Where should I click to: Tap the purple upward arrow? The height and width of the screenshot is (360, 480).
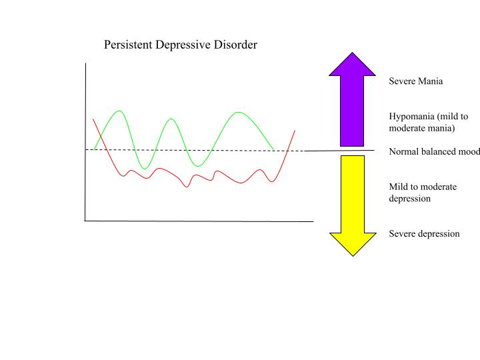(x=352, y=100)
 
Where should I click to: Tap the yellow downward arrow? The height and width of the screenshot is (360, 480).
(x=352, y=200)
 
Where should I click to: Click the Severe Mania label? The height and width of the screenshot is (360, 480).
(x=416, y=81)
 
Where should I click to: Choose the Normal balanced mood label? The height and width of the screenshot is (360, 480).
(x=434, y=151)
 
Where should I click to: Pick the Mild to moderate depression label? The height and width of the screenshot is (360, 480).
(x=423, y=192)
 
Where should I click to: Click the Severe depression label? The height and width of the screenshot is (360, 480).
(x=424, y=234)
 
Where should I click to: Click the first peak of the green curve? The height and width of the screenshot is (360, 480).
(x=120, y=111)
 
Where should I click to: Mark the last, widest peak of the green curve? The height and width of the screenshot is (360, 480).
(x=238, y=112)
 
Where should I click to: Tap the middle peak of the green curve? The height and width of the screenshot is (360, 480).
(x=172, y=119)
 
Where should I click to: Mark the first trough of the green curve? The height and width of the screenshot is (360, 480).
(x=144, y=168)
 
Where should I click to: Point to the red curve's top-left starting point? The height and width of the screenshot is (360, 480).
(x=93, y=119)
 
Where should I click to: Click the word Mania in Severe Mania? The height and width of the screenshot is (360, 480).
(x=431, y=81)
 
